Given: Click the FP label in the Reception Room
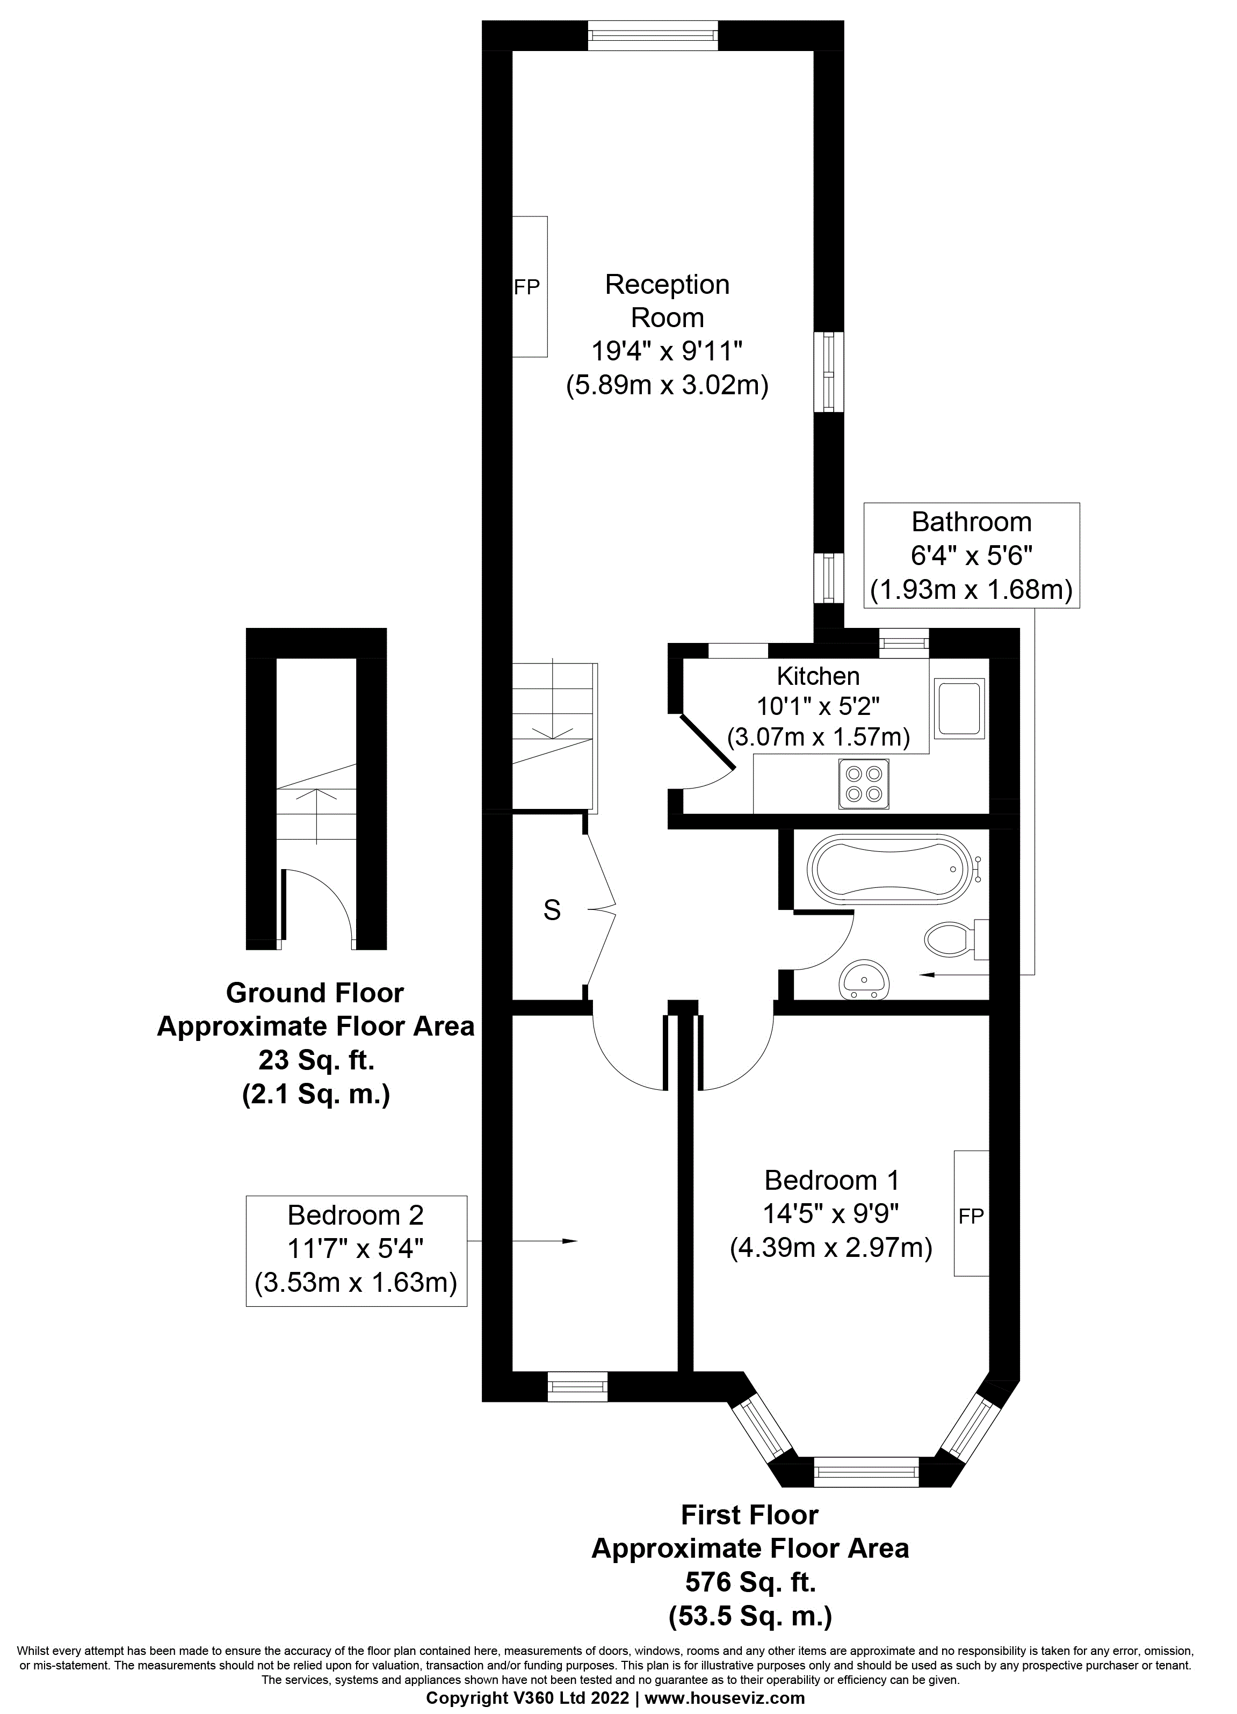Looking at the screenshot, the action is [527, 287].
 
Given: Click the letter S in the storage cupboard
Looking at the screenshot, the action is [552, 910].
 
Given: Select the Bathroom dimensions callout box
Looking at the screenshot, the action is [972, 555].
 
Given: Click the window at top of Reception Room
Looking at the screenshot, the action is [653, 35].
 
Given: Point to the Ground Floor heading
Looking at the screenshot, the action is [315, 992].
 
